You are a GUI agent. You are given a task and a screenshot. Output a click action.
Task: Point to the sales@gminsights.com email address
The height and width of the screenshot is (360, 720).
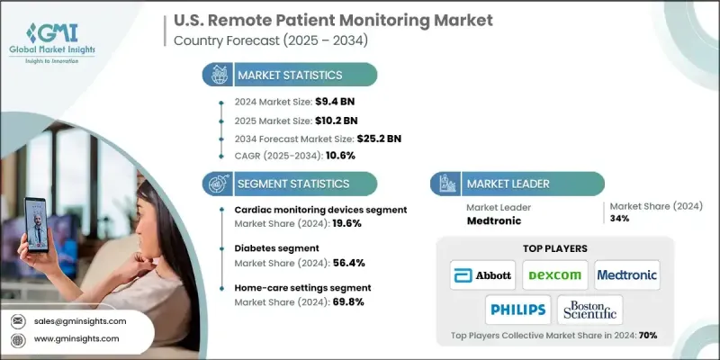pos(82,320)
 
